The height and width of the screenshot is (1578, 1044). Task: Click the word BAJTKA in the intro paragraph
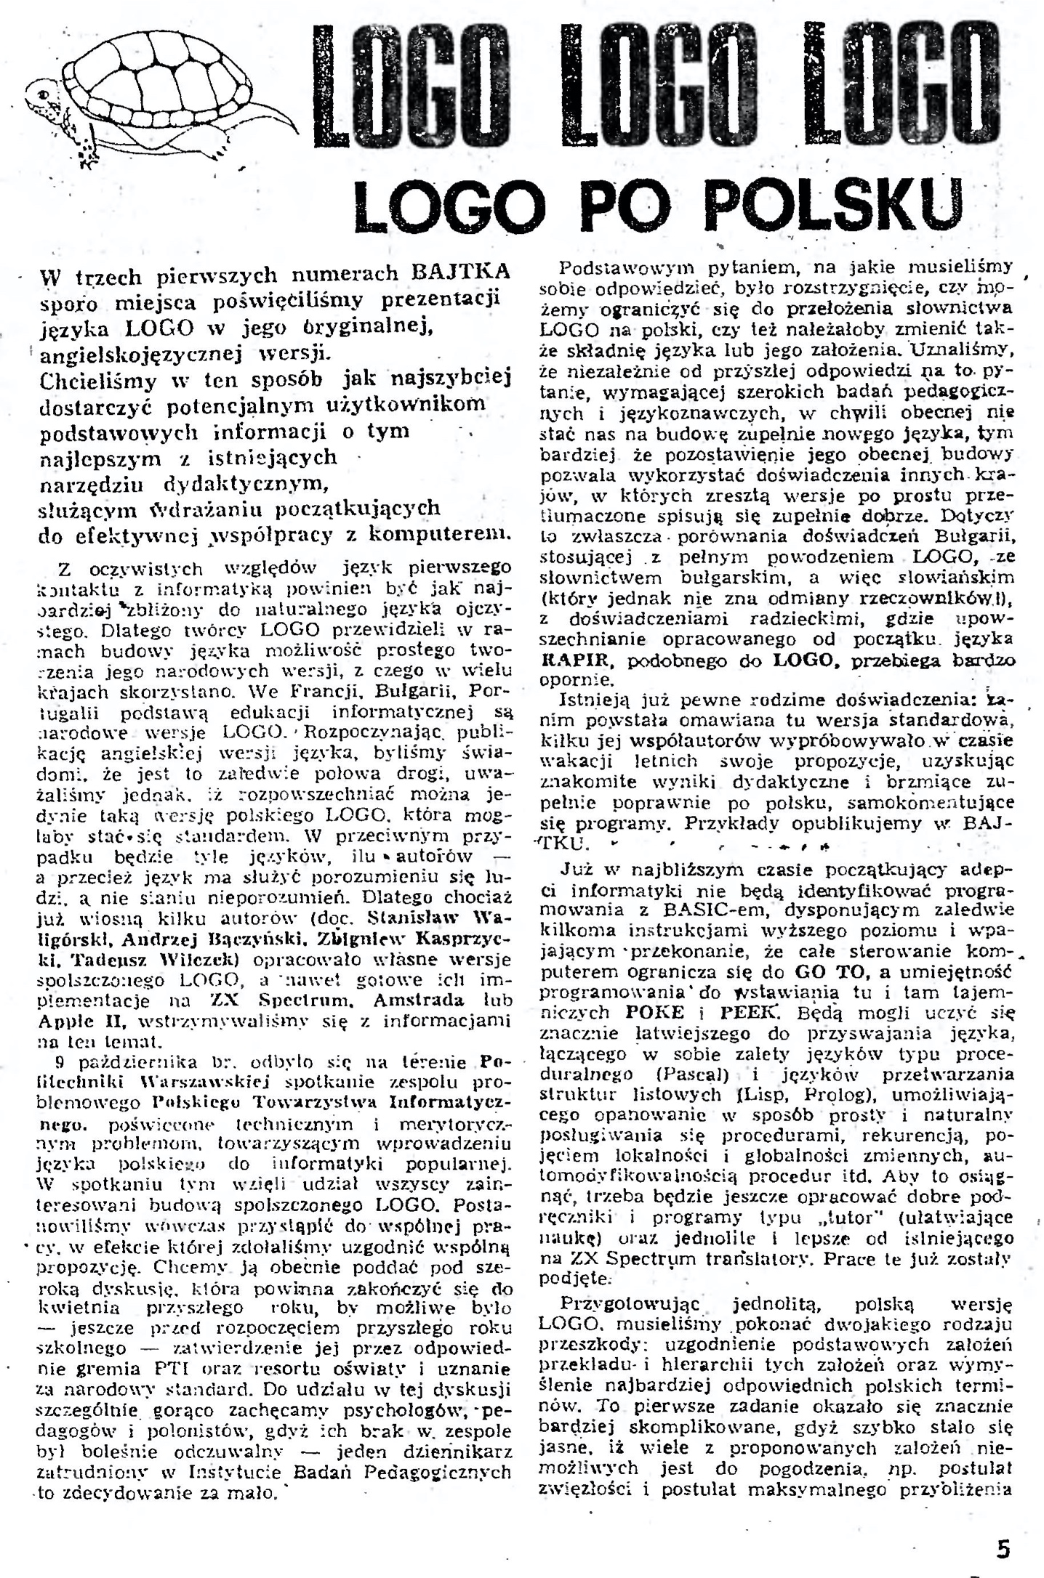(x=460, y=272)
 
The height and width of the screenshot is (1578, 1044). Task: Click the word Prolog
(x=848, y=1094)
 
